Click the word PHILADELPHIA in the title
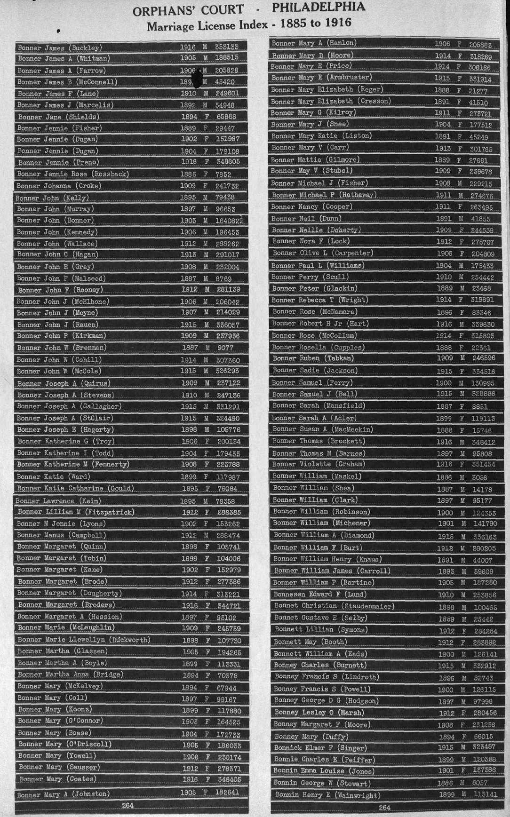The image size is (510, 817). point(318,7)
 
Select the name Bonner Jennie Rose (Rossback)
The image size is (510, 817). point(73,174)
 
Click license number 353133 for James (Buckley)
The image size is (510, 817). point(227,47)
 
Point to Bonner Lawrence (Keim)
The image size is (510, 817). point(58,501)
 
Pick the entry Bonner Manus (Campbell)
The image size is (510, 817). point(62,535)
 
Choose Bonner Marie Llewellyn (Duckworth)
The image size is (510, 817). point(84,640)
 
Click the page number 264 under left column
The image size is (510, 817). point(127,805)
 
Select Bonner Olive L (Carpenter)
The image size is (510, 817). point(322,253)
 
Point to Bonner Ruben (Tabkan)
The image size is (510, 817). point(313,358)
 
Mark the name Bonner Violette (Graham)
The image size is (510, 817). point(319,464)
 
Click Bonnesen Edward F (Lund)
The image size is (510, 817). point(320,595)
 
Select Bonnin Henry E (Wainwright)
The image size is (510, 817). point(327,795)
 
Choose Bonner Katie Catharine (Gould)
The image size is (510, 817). point(75,489)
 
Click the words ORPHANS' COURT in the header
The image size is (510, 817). point(188,10)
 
